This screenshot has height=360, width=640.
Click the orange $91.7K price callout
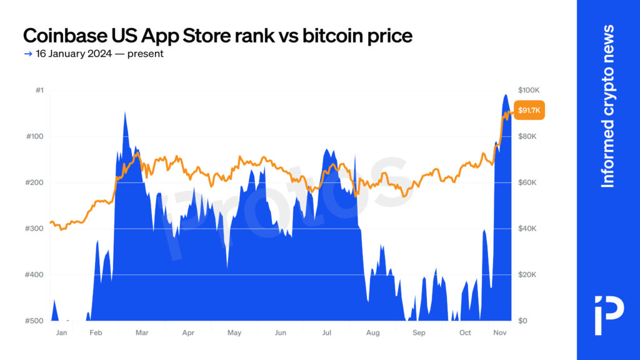tap(529, 111)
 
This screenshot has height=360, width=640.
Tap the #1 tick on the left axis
tap(39, 91)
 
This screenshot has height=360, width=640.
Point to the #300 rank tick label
tap(35, 229)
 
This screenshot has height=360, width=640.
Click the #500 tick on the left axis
tap(35, 321)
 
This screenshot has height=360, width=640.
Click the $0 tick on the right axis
tap(523, 321)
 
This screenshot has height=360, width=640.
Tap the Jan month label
tap(61, 333)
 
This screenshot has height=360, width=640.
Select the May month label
tap(234, 333)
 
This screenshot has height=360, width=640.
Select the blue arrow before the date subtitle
tap(27, 54)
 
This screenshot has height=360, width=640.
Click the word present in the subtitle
tap(146, 54)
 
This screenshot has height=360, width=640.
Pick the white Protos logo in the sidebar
tap(608, 307)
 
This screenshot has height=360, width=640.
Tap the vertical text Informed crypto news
tap(607, 106)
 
